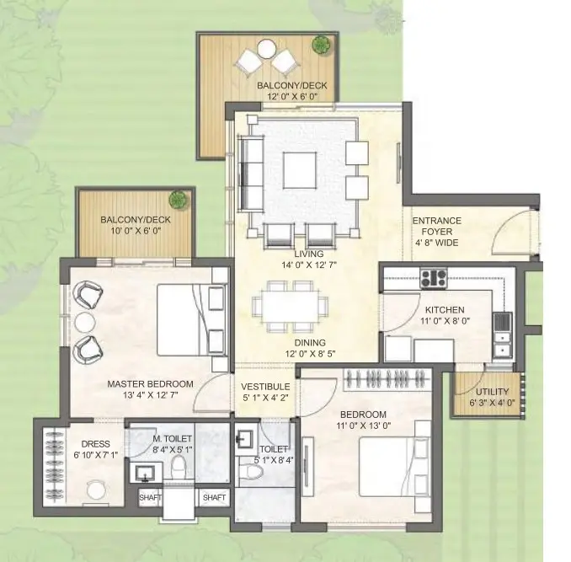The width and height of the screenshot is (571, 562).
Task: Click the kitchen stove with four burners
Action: click(434, 278)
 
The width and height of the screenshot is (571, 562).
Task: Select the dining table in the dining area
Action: click(291, 307)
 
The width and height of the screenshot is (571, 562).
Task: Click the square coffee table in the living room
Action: click(299, 170)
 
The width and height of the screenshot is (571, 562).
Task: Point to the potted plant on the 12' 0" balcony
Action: click(322, 45)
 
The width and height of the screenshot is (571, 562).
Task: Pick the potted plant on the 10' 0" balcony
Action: click(178, 200)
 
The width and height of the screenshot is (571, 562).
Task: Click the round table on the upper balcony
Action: click(266, 49)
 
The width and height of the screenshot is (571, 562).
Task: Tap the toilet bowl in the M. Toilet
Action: click(179, 468)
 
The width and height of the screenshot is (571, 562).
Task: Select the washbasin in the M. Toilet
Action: click(146, 473)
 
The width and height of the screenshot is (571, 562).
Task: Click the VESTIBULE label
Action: click(265, 387)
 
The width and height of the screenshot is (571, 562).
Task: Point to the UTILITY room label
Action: click(493, 392)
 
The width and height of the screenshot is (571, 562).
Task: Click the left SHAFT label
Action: click(150, 497)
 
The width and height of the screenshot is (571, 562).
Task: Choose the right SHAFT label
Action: click(214, 497)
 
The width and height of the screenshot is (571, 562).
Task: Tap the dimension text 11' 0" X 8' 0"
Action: click(445, 321)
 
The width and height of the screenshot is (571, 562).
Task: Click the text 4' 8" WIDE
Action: click(436, 243)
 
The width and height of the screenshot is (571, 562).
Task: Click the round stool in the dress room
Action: click(97, 490)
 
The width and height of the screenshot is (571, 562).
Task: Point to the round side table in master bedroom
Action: click(85, 323)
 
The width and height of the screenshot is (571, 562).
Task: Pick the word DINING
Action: click(310, 342)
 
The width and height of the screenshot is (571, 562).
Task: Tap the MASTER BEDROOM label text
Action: click(151, 383)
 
